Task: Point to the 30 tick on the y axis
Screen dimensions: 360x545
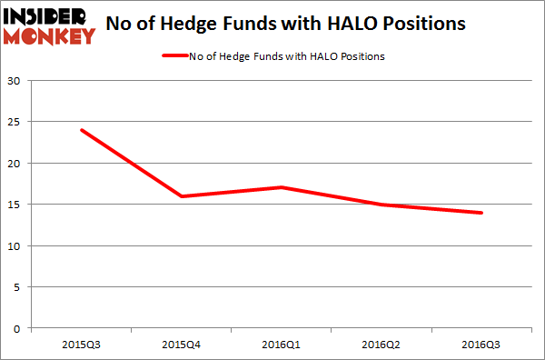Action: pos(15,81)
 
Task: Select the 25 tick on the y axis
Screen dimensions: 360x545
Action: pos(15,122)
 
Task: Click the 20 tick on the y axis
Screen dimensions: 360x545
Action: pos(15,164)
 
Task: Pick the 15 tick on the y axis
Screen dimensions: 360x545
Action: pos(15,205)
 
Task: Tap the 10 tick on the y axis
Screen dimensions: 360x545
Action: pos(15,246)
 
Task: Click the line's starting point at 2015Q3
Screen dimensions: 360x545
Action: pos(82,130)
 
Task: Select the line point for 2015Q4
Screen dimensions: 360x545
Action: pos(182,196)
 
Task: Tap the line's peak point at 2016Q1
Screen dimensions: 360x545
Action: pos(282,187)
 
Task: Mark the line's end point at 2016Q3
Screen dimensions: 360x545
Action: pos(481,213)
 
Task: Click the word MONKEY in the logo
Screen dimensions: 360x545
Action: pos(49,36)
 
